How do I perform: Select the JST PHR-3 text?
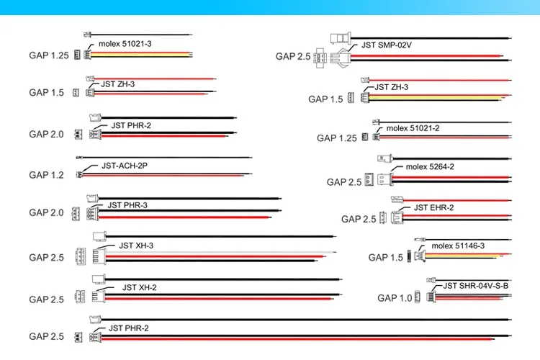pyautogui.click(x=127, y=205)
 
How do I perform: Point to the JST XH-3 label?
pyautogui.click(x=136, y=246)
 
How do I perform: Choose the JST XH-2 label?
pyautogui.click(x=139, y=287)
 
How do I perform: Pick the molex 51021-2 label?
pyautogui.click(x=413, y=128)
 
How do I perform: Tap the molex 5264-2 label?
pyautogui.click(x=430, y=167)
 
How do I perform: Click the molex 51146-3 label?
pyautogui.click(x=458, y=246)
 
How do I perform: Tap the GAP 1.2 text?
pyautogui.click(x=47, y=175)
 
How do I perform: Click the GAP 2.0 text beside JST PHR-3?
pyautogui.click(x=47, y=213)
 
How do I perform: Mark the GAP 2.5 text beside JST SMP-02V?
pyautogui.click(x=293, y=56)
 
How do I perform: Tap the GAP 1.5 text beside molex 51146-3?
pyautogui.click(x=386, y=257)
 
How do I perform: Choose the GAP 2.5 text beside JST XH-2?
pyautogui.click(x=47, y=299)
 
